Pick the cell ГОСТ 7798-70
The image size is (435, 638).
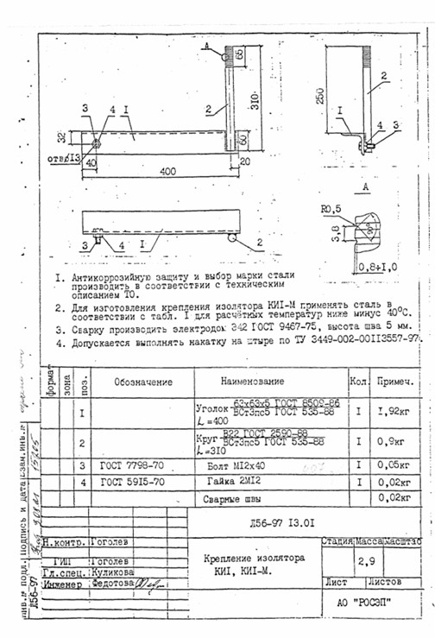click(131, 464)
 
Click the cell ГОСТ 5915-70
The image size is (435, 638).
click(131, 481)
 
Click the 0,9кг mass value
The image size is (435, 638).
click(396, 443)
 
